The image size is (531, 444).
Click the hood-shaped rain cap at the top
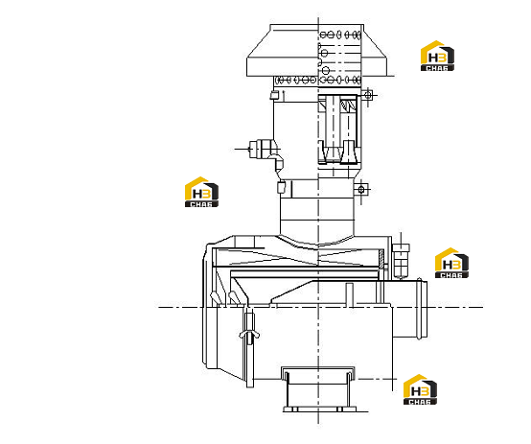click(316, 50)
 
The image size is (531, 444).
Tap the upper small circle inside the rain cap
click(324, 53)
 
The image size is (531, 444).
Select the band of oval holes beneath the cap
click(317, 81)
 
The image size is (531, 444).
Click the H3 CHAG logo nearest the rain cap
click(437, 56)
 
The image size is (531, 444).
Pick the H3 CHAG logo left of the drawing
click(201, 192)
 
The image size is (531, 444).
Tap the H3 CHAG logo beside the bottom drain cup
click(420, 389)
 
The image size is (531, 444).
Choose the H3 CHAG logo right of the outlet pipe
click(451, 263)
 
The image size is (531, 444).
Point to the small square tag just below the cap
click(273, 95)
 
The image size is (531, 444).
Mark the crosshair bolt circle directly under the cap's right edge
click(368, 96)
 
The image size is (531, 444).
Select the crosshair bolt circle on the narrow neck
click(361, 189)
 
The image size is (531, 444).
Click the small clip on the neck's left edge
click(281, 187)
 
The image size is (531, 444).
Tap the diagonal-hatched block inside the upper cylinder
click(348, 105)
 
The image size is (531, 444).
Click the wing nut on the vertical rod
click(249, 335)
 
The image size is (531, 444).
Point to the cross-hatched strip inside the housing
click(381, 258)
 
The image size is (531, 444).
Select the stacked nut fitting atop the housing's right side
click(401, 260)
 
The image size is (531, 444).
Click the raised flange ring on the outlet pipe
click(420, 308)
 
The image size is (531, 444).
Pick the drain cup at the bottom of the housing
click(318, 389)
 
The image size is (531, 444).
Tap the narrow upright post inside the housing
click(349, 294)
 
